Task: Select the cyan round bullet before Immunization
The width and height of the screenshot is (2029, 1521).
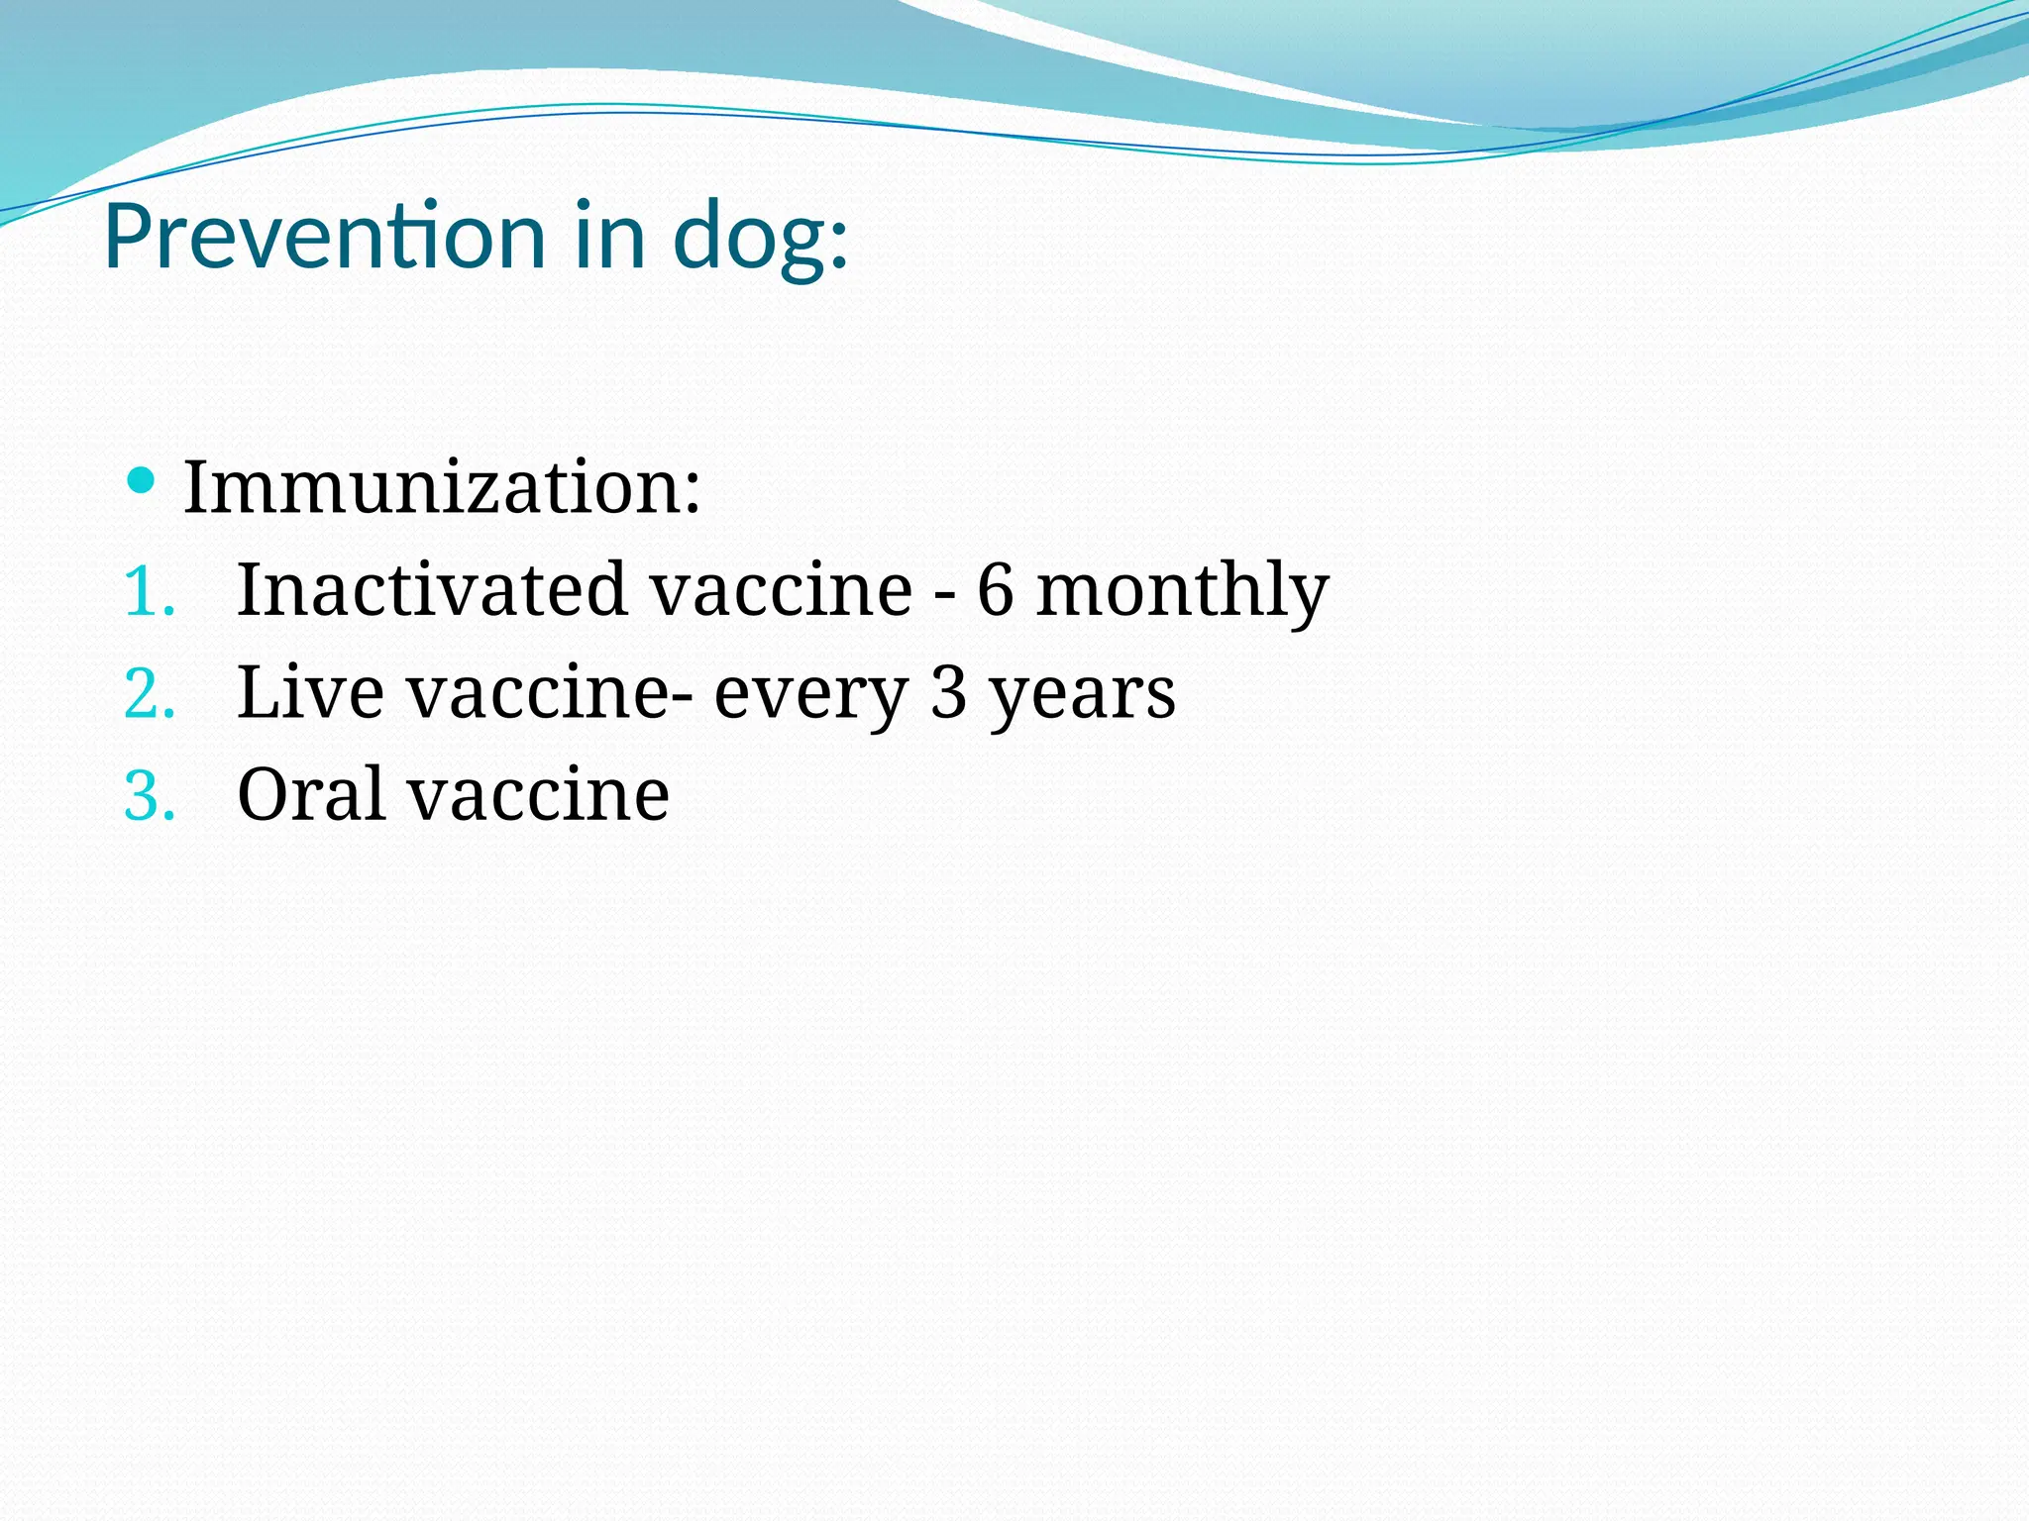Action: (x=142, y=481)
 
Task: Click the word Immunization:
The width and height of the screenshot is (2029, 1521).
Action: (x=442, y=487)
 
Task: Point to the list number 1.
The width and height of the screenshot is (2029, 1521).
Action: (x=149, y=592)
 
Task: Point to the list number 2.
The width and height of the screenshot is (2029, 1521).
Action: (x=149, y=694)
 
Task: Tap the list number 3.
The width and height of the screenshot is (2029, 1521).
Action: (x=149, y=796)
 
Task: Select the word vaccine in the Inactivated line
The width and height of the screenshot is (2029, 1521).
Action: (x=781, y=590)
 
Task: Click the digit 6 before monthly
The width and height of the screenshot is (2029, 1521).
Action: (x=996, y=591)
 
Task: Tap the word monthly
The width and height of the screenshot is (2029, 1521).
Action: (x=1182, y=592)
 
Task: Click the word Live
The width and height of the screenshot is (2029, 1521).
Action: (x=310, y=692)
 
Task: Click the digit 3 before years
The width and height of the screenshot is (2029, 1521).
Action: (x=948, y=693)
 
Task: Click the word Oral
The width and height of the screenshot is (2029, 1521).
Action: (x=310, y=794)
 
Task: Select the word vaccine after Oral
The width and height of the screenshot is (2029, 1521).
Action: (x=539, y=796)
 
